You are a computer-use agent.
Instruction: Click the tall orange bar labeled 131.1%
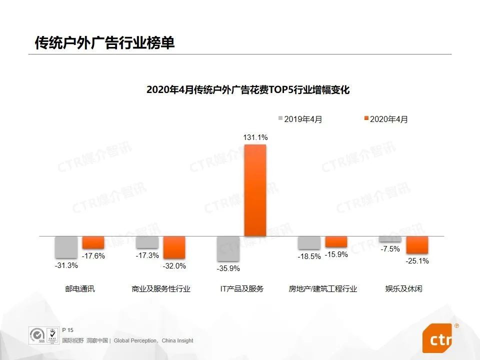click(x=255, y=190)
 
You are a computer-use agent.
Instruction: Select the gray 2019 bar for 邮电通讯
click(x=66, y=247)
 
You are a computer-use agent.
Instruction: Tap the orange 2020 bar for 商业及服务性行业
click(x=174, y=247)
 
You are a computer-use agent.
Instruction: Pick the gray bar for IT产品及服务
click(x=228, y=248)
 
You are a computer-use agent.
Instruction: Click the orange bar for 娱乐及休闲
click(x=417, y=244)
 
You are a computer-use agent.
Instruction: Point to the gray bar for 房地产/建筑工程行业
click(x=309, y=242)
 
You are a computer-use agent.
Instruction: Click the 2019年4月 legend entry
click(x=300, y=119)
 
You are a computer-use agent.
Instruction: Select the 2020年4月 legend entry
click(x=385, y=119)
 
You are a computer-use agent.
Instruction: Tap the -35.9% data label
click(x=228, y=268)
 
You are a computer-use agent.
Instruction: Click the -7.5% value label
click(x=390, y=249)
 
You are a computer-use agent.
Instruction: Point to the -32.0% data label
click(x=174, y=266)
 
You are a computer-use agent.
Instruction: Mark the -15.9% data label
click(x=336, y=254)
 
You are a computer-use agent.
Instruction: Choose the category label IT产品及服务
click(x=241, y=289)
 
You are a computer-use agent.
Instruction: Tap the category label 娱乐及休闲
click(x=403, y=289)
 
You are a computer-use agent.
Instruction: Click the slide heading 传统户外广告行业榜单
click(x=104, y=43)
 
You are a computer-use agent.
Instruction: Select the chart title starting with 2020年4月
click(x=247, y=90)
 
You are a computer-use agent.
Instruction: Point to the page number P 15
click(x=67, y=330)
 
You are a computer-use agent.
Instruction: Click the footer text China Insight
click(x=177, y=340)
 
